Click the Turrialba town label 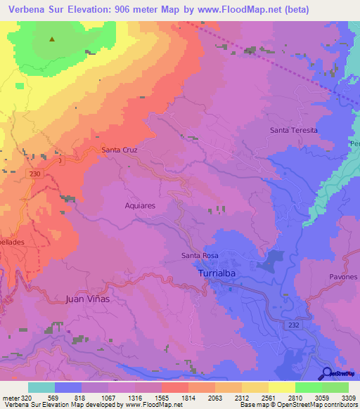(218, 272)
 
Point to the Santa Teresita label (294, 131)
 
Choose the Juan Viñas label (89, 299)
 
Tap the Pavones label (343, 277)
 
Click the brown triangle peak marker (52, 39)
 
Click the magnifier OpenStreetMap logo (327, 374)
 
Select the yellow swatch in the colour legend (282, 387)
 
